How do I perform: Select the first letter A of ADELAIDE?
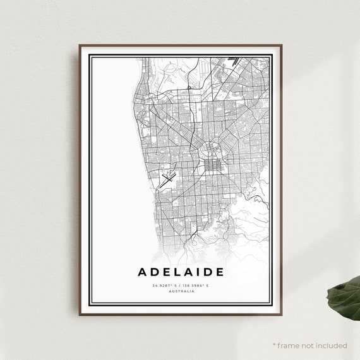pyautogui.click(x=142, y=272)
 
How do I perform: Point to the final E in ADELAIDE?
pyautogui.click(x=219, y=272)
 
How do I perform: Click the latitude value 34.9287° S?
pyautogui.click(x=164, y=285)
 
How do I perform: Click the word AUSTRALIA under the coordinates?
pyautogui.click(x=180, y=291)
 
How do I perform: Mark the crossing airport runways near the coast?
pyautogui.click(x=168, y=178)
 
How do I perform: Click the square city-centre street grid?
pyautogui.click(x=211, y=165)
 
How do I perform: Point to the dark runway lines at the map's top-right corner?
pyautogui.click(x=234, y=61)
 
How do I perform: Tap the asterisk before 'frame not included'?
pyautogui.click(x=274, y=345)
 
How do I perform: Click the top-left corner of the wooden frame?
pyautogui.click(x=80, y=45)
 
